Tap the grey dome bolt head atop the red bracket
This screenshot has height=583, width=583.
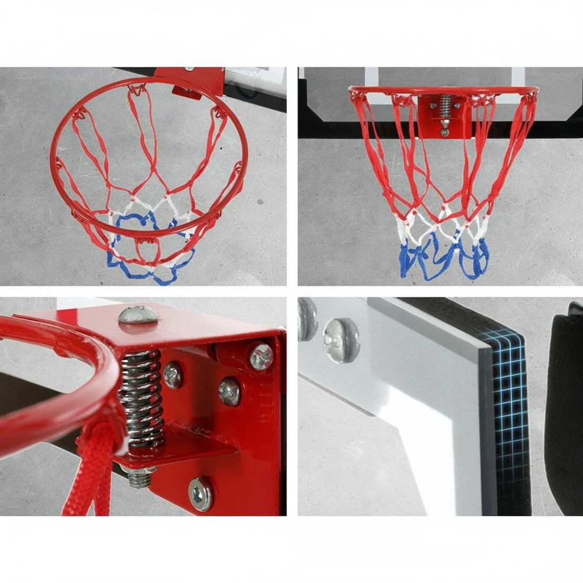[x=138, y=315]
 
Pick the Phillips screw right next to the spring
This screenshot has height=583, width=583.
[x=173, y=375]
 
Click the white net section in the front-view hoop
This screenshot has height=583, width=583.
[x=424, y=225]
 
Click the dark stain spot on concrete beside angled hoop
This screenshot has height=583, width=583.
[x=260, y=201]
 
